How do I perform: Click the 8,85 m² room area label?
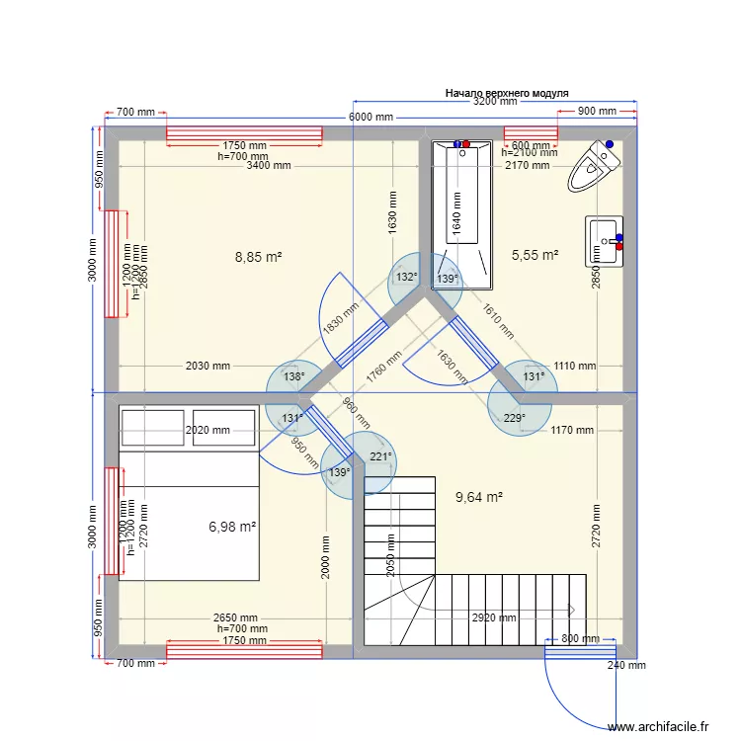click(x=259, y=257)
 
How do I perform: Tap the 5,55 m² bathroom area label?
click(x=535, y=255)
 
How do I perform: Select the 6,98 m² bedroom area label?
click(x=232, y=528)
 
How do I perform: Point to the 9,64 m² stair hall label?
click(x=478, y=497)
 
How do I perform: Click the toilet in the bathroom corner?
click(x=594, y=165)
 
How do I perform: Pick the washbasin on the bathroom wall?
click(x=605, y=241)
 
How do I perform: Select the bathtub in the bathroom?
click(x=461, y=212)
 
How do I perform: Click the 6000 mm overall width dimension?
click(x=370, y=118)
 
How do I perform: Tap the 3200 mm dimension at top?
click(x=494, y=101)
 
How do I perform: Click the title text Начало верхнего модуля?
click(x=507, y=92)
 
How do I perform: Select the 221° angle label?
click(x=381, y=456)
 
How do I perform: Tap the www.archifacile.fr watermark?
click(x=659, y=726)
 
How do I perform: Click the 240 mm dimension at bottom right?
click(x=625, y=665)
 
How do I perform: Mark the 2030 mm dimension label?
click(x=207, y=366)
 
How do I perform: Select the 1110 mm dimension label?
click(x=574, y=366)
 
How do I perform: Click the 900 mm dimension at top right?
click(x=597, y=112)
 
